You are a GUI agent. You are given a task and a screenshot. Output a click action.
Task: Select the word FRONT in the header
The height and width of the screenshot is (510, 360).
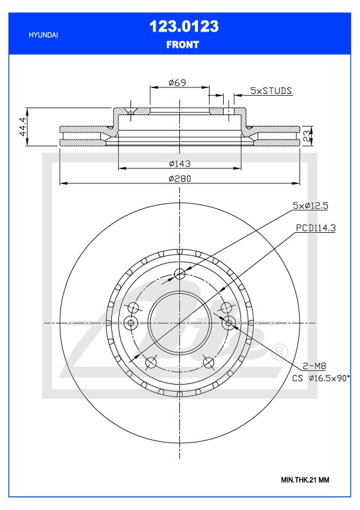(x=183, y=45)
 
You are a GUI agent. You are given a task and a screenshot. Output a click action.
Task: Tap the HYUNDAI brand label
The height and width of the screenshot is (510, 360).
(x=44, y=35)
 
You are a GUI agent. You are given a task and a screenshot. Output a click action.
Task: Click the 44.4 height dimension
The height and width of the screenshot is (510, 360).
(x=24, y=127)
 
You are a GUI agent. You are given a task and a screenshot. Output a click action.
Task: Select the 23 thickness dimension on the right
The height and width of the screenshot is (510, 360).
(x=307, y=134)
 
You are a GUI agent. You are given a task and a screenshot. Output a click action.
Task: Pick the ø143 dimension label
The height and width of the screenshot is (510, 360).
(x=179, y=163)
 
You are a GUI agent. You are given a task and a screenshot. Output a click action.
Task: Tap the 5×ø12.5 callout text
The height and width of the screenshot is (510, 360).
(x=310, y=205)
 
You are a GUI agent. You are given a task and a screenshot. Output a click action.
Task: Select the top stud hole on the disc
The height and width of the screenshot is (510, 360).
(x=180, y=275)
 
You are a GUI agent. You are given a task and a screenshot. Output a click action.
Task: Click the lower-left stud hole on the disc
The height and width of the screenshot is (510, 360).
(x=151, y=363)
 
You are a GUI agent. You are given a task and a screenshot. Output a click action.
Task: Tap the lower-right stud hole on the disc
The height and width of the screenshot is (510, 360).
(x=209, y=363)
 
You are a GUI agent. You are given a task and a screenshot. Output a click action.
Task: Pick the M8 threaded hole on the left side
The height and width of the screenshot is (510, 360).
(x=130, y=322)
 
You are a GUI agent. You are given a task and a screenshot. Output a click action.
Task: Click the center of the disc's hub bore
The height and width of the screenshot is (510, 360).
(x=180, y=322)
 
